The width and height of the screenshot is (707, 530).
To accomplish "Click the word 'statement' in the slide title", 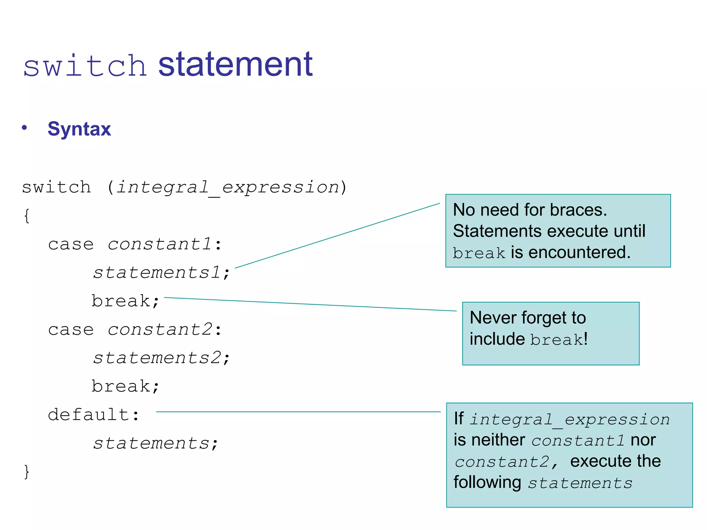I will pyautogui.click(x=235, y=64).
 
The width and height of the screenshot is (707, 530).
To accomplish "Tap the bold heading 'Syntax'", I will pyautogui.click(x=79, y=129).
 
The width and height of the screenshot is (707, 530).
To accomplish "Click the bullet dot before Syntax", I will pyautogui.click(x=24, y=128).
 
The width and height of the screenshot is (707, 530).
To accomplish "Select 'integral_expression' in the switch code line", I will pyautogui.click(x=228, y=187).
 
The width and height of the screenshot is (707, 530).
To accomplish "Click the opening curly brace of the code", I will pyautogui.click(x=27, y=216).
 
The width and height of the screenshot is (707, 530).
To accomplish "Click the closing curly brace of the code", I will pyautogui.click(x=27, y=471).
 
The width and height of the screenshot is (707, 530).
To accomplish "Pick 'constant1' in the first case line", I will pyautogui.click(x=159, y=244).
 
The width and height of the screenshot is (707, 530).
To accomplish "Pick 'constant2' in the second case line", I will pyautogui.click(x=159, y=330).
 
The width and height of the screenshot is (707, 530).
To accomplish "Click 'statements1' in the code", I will pyautogui.click(x=156, y=273).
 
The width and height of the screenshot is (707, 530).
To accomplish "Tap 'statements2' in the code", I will pyautogui.click(x=156, y=358).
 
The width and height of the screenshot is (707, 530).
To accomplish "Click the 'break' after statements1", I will pyautogui.click(x=121, y=301).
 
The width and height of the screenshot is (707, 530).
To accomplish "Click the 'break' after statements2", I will pyautogui.click(x=121, y=386).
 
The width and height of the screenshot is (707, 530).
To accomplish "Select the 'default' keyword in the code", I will pyautogui.click(x=88, y=414).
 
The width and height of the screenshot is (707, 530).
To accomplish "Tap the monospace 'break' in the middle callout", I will pyautogui.click(x=556, y=340).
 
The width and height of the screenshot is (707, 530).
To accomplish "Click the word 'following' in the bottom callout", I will pyautogui.click(x=487, y=482).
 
